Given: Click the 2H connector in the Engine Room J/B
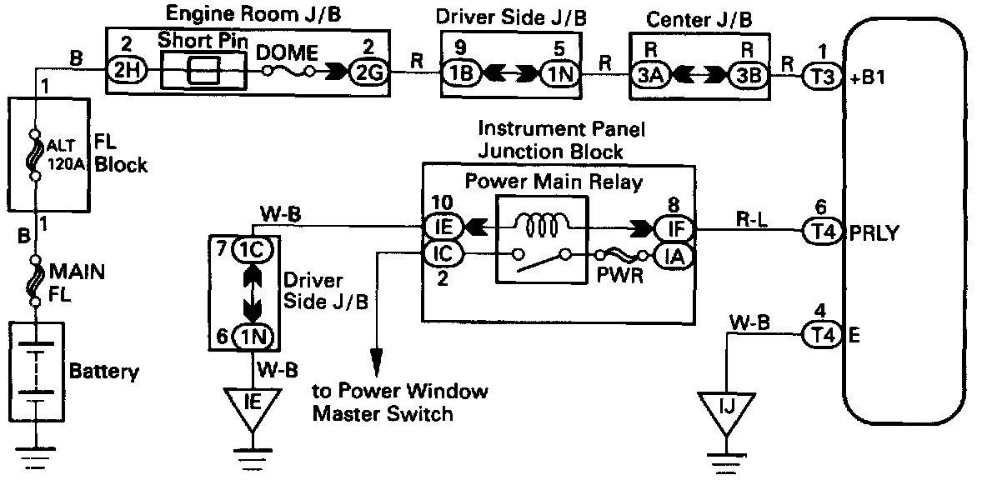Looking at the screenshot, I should pos(128,72).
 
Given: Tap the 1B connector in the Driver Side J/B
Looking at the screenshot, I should pos(461,72).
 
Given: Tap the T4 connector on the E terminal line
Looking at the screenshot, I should pos(818,334).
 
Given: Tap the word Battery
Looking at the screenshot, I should pos(104,372).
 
